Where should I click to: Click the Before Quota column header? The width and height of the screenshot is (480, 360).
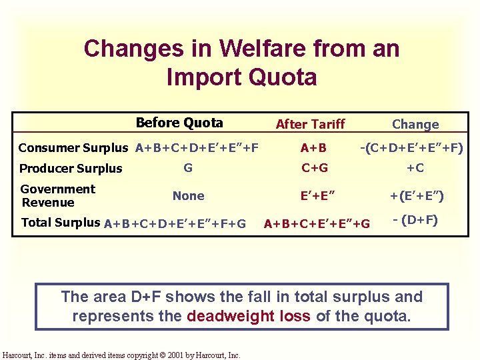click(x=179, y=123)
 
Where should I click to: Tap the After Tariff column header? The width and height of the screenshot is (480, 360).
click(x=310, y=124)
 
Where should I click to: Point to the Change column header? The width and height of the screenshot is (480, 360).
click(x=415, y=124)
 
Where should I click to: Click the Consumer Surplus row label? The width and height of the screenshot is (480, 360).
click(x=73, y=147)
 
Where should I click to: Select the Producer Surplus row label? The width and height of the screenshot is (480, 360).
click(x=71, y=168)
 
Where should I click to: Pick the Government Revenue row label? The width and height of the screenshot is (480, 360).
click(x=58, y=195)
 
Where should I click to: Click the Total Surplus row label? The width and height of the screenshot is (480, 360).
click(x=61, y=223)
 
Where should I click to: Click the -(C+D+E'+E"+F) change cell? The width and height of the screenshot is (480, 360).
click(x=412, y=147)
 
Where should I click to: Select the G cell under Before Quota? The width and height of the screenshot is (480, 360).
click(x=188, y=168)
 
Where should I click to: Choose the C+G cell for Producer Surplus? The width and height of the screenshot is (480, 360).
click(x=314, y=168)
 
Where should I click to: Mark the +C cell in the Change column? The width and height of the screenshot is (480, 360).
click(x=415, y=168)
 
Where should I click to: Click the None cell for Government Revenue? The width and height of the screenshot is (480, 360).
click(x=188, y=196)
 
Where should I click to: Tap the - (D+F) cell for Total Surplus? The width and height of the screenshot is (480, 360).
click(x=415, y=219)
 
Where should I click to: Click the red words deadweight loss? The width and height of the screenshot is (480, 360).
click(x=249, y=315)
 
